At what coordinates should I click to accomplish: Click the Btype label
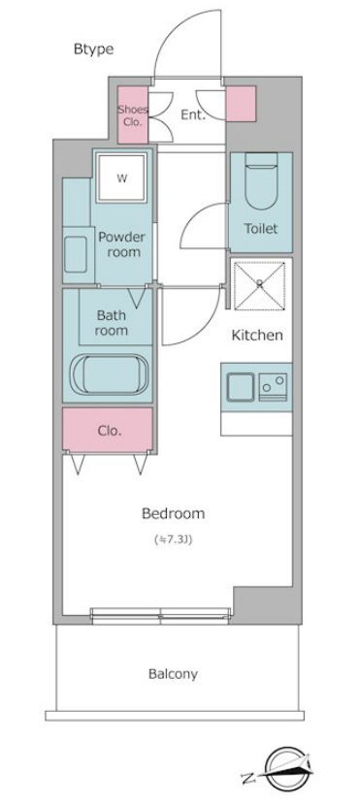pyautogui.click(x=93, y=49)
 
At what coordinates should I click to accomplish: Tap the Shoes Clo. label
pyautogui.click(x=133, y=115)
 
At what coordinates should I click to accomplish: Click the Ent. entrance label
pyautogui.click(x=192, y=115)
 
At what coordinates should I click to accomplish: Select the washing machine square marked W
pyautogui.click(x=121, y=178)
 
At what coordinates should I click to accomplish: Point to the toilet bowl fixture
pyautogui.click(x=261, y=181)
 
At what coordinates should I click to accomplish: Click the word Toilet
pyautogui.click(x=260, y=229)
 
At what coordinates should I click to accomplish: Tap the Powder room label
pyautogui.click(x=121, y=244)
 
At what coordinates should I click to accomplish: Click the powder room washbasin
pyautogui.click(x=75, y=255)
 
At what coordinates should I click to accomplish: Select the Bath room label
pyautogui.click(x=111, y=322)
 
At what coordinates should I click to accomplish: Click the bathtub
pyautogui.click(x=110, y=374)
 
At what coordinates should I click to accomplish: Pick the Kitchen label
pyautogui.click(x=257, y=336)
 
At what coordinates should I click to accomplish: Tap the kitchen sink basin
pyautogui.click(x=241, y=387)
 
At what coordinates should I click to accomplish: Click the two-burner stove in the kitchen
pyautogui.click(x=273, y=387)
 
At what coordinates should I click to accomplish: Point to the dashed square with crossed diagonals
pyautogui.click(x=259, y=286)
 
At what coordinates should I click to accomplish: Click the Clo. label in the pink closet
pyautogui.click(x=110, y=431)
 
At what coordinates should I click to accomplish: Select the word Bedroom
pyautogui.click(x=173, y=513)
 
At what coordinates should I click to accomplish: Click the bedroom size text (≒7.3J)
pyautogui.click(x=173, y=539)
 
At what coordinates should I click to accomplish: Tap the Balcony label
pyautogui.click(x=173, y=674)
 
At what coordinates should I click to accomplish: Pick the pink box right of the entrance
pyautogui.click(x=241, y=104)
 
